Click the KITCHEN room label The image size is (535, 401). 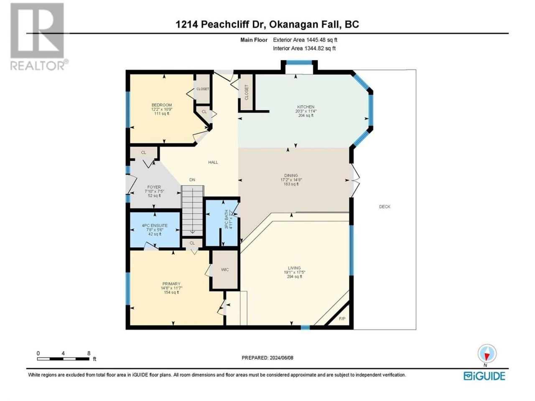click(306, 107)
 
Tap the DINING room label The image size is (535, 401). click(291, 175)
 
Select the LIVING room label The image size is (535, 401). click(294, 268)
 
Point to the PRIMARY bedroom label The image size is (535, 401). click(171, 284)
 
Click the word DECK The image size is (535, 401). click(385, 207)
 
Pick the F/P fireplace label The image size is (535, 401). click(342, 319)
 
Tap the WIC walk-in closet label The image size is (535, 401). click(225, 270)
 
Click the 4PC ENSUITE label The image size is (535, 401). click(155, 226)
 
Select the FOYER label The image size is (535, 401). click(154, 187)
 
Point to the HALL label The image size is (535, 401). click(213, 162)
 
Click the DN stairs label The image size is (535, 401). click(192, 180)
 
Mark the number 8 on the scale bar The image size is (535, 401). click(89, 353)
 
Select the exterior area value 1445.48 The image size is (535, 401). click(316, 40)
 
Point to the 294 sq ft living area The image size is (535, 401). click(294, 277)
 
